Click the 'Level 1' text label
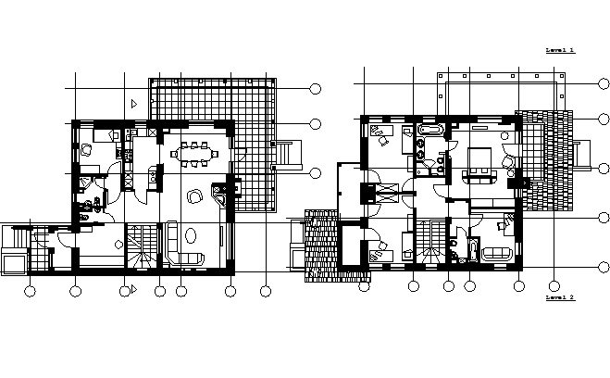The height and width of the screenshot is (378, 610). [x=560, y=50]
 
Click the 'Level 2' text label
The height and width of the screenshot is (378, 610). [x=560, y=298]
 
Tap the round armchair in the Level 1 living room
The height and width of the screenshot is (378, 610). [x=193, y=196]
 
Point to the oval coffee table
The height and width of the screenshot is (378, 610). [x=191, y=235]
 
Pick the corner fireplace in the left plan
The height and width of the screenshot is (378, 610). [x=223, y=195]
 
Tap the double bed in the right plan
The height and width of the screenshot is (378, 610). [x=479, y=163]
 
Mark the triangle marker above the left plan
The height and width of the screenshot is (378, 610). [x=134, y=103]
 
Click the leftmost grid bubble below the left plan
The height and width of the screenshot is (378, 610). [x=30, y=292]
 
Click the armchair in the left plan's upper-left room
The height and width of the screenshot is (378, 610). [x=85, y=148]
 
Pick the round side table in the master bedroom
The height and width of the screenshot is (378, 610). [x=508, y=164]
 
